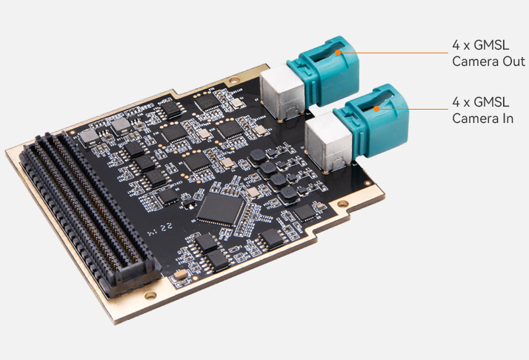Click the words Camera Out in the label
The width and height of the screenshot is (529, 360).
tap(488, 61)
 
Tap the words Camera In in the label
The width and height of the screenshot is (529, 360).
tap(483, 119)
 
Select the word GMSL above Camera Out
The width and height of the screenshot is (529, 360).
tap(491, 45)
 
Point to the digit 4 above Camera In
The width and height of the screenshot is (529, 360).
tap(456, 102)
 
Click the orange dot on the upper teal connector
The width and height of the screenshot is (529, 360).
tap(338, 53)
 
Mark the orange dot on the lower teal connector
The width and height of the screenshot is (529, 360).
tap(376, 109)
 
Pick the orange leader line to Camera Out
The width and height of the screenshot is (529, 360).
tap(394, 53)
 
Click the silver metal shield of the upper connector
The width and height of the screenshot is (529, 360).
tap(282, 92)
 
